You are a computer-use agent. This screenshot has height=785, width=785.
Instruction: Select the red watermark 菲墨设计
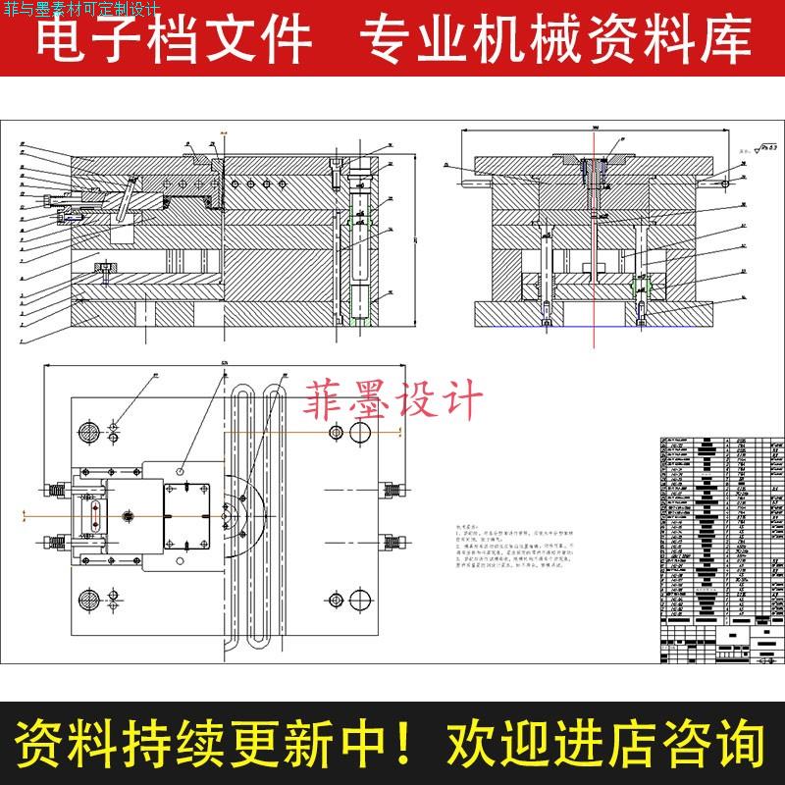(x=396, y=401)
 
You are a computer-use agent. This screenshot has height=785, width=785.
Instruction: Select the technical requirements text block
(x=530, y=554)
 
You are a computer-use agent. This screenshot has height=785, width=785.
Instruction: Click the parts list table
(x=718, y=549)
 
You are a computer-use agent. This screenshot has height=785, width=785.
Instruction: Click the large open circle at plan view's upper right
(x=360, y=432)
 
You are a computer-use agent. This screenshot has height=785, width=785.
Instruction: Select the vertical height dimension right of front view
(x=416, y=240)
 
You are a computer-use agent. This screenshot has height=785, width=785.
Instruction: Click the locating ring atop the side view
(x=593, y=157)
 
